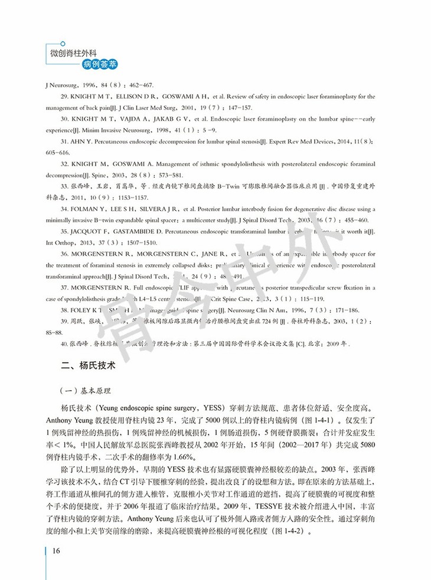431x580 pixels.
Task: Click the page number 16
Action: coord(57,551)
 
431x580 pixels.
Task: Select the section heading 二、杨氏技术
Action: coord(89,365)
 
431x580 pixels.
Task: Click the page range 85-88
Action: coord(55,331)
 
